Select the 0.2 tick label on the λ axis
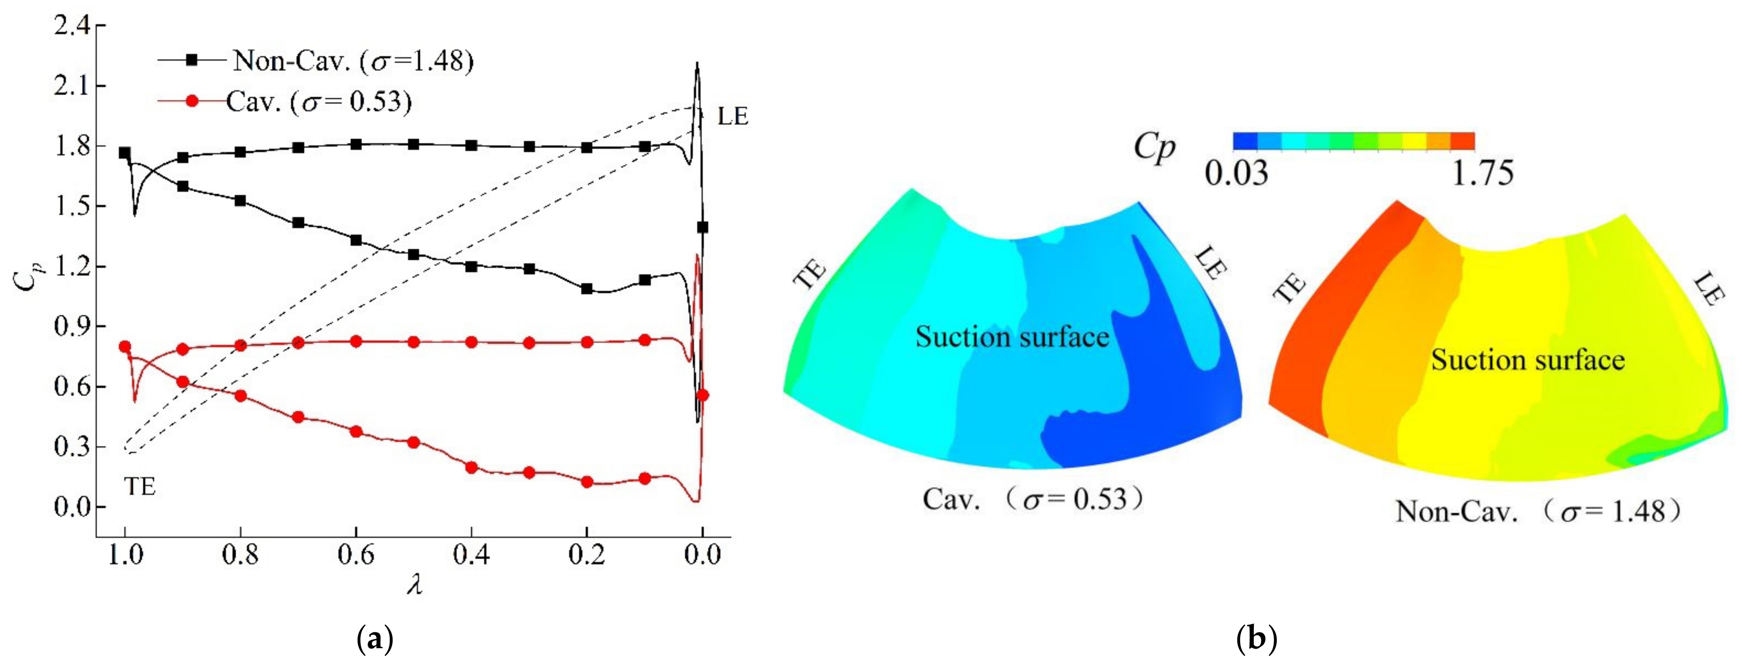pyautogui.click(x=587, y=555)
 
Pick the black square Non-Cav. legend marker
pyautogui.click(x=192, y=60)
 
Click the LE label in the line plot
pyautogui.click(x=732, y=117)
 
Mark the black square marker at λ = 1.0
pyautogui.click(x=125, y=153)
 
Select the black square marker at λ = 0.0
pyautogui.click(x=703, y=227)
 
